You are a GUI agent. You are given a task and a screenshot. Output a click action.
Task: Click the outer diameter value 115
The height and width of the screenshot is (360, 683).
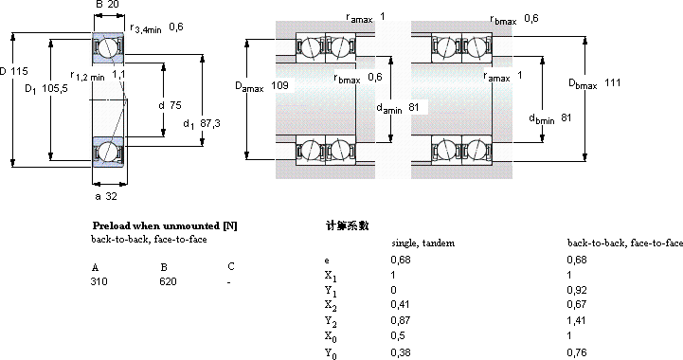coord(19,71)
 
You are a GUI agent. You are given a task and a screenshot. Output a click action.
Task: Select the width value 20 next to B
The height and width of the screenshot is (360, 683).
coord(113,5)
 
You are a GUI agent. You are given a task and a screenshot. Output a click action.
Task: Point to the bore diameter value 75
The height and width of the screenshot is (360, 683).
coord(175,105)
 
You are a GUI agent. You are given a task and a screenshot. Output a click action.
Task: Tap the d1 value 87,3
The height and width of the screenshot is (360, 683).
coord(210,123)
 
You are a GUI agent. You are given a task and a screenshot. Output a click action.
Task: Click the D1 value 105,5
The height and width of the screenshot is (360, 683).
coord(55,89)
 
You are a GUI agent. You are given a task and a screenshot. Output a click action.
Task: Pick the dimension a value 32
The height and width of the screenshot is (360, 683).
coord(112,196)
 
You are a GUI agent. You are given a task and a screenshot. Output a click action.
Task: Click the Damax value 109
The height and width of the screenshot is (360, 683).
coord(279,85)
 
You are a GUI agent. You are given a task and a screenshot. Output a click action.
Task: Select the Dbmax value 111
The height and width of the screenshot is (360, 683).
coord(613,82)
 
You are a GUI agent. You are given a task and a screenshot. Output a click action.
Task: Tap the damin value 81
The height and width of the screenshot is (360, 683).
coord(413,107)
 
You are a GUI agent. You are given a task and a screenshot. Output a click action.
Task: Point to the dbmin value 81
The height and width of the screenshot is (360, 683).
coord(566,117)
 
